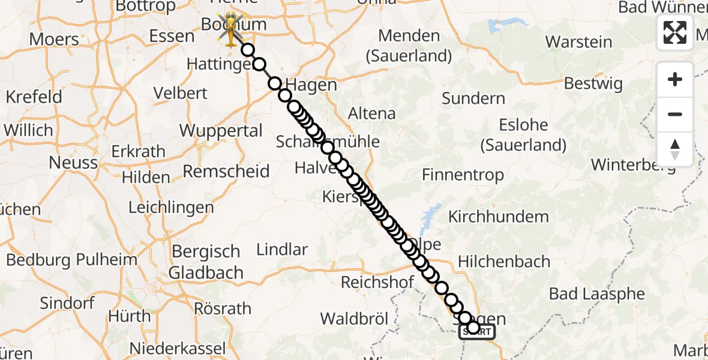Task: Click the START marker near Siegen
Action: (478, 331)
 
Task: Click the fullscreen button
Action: (675, 32)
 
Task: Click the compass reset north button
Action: (675, 149)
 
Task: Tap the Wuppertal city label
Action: (221, 131)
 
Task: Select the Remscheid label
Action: (226, 172)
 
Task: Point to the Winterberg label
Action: (634, 164)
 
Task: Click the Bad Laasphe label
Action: (597, 294)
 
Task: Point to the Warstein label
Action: (578, 43)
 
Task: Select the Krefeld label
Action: (34, 97)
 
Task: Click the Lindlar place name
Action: (282, 250)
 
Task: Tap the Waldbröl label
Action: (354, 318)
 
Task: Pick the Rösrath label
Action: (223, 309)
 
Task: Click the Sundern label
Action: (473, 98)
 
